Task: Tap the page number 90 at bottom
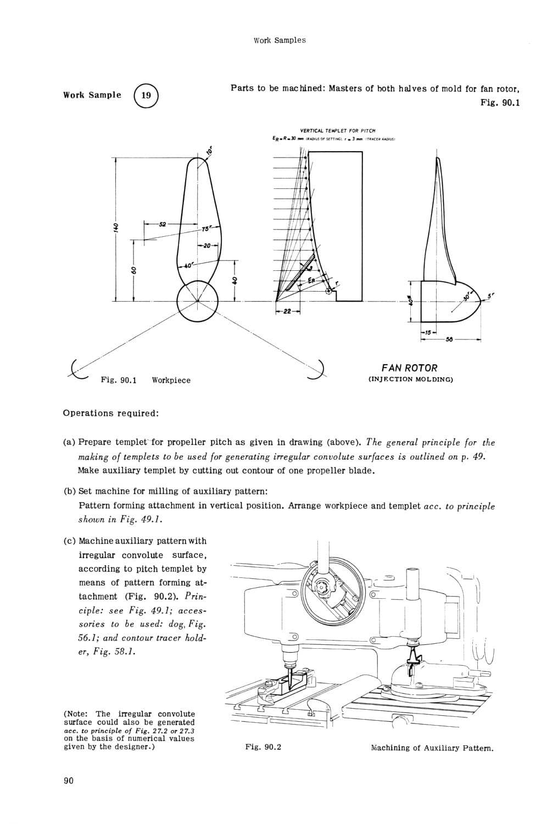pos(69,782)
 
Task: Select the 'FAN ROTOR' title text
pos(409,368)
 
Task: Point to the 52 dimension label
pos(162,224)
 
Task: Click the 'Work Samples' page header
pos(280,40)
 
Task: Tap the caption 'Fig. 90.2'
pos(263,747)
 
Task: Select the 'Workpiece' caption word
pos(171,380)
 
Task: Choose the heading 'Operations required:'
pos(111,413)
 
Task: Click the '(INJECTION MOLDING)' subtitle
pos(410,379)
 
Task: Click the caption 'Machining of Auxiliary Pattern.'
pos(432,748)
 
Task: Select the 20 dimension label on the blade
pos(207,245)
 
